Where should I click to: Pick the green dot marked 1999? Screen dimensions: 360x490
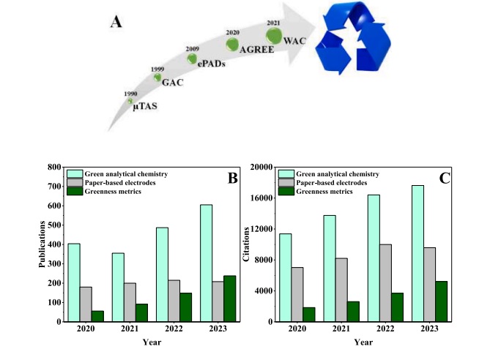click(x=157, y=77)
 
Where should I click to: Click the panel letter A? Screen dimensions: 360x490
click(x=116, y=22)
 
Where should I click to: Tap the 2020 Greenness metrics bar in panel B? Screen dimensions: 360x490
click(x=97, y=315)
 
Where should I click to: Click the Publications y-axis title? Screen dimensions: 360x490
click(x=41, y=244)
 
